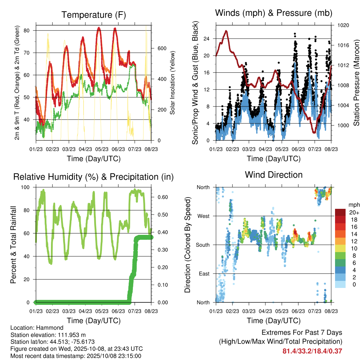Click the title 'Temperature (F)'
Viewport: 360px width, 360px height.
pos(93,15)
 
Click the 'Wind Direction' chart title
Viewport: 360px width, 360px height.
pos(274,174)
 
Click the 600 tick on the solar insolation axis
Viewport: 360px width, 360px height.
pos(157,48)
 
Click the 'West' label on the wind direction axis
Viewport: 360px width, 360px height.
pos(204,216)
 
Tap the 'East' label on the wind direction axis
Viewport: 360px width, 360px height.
pos(204,274)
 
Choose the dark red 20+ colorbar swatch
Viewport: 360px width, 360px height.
pos(340,212)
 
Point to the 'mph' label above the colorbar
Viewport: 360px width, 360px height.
pos(354,204)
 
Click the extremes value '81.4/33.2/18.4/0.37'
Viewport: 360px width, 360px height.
pos(312,351)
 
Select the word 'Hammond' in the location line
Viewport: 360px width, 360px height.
pos(45,328)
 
